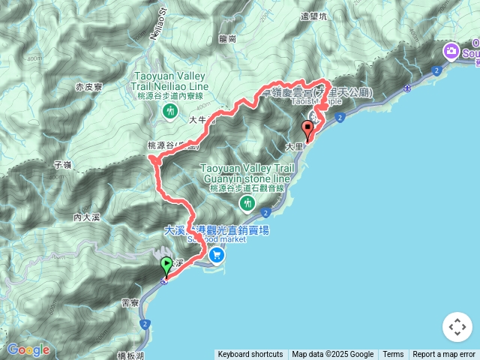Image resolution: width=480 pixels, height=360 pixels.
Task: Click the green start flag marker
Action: tap(166, 265)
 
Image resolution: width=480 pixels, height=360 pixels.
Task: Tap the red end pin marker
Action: tap(307, 129)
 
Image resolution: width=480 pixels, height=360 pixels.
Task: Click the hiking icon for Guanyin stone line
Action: tap(247, 202)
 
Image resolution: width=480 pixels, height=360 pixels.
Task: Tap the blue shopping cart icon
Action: tap(217, 254)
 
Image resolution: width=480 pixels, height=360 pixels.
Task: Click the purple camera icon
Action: tap(451, 52)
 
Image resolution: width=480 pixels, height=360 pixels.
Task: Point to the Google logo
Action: tap(28, 349)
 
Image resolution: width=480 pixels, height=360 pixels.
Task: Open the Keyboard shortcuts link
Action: tap(250, 355)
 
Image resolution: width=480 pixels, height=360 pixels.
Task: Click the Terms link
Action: tap(393, 355)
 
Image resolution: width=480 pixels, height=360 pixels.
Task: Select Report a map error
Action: tap(444, 355)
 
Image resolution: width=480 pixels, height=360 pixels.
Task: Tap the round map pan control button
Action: tap(457, 327)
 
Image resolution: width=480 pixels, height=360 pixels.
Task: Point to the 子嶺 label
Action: tap(63, 163)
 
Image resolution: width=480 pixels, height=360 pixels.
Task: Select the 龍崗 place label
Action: tap(228, 38)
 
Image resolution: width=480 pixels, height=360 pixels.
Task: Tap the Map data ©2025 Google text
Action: tap(332, 355)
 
